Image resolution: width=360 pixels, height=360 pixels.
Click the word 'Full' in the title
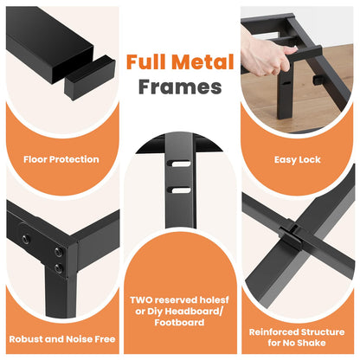146,62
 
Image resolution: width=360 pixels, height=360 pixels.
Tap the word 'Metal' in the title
202,62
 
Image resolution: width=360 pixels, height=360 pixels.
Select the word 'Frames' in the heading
180,87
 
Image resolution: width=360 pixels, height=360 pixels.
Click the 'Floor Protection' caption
61,159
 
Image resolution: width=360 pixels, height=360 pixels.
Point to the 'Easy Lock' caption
297,160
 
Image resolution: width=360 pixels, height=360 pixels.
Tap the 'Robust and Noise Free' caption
62,339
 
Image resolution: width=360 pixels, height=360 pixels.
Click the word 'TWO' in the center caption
141,300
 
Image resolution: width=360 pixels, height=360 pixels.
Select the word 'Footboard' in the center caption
179,322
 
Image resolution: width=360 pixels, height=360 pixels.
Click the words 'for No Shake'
297,343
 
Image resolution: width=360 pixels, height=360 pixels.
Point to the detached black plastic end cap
90,79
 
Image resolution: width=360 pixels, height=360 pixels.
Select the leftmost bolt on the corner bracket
26,239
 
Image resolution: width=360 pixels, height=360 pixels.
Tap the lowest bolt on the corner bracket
59,268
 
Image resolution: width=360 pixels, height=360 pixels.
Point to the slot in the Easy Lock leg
287,83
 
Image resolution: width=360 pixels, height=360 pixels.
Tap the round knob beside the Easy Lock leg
318,80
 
